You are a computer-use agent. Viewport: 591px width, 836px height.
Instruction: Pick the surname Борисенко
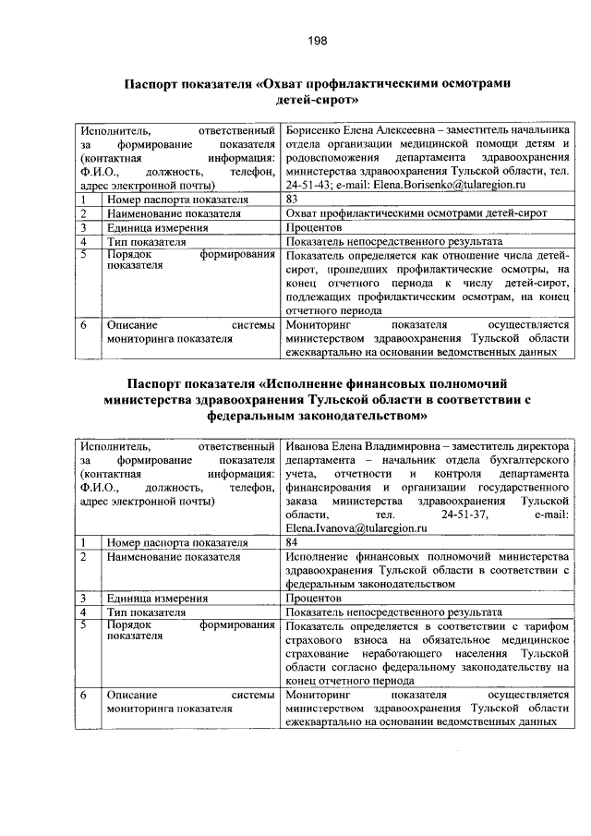click(x=316, y=130)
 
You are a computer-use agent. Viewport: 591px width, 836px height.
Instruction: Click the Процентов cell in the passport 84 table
click(x=315, y=598)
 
